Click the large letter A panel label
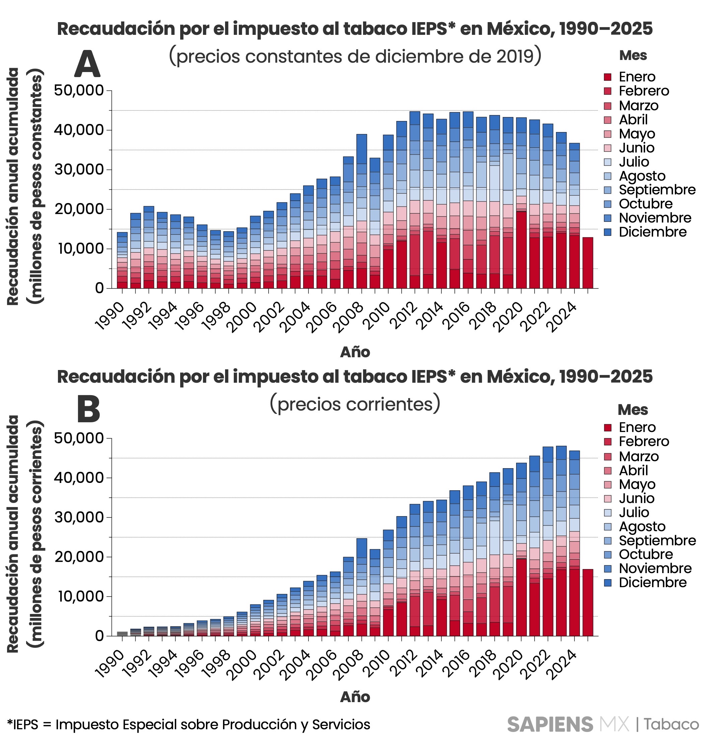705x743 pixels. coord(87,64)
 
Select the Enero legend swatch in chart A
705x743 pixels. coord(608,77)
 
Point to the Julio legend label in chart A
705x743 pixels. coord(634,162)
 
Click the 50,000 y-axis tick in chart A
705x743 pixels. coord(79,90)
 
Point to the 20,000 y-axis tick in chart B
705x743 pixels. coord(79,557)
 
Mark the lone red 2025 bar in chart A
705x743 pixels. coord(588,263)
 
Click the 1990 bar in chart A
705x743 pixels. coord(122,260)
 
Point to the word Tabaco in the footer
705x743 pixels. coord(672,725)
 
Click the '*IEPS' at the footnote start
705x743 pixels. coord(22,725)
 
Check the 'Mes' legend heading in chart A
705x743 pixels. coord(633,55)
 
